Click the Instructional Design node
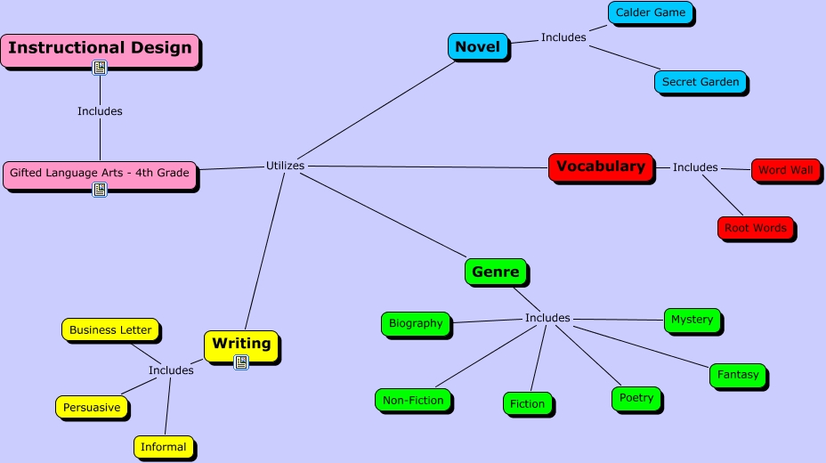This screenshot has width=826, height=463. pos(100,48)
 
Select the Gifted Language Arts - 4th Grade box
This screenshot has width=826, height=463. pos(100,173)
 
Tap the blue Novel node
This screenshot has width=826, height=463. pos(477,47)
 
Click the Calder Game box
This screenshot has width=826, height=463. pos(650,13)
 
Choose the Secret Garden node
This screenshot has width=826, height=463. pos(700,82)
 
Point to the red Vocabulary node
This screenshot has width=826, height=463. pos(600,167)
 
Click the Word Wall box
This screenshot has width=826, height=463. pos(785,170)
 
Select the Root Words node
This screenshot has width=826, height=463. pos(755,228)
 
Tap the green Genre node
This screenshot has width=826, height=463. pos(496,272)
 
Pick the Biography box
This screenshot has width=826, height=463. pos(416,323)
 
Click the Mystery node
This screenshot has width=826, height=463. pos(692,320)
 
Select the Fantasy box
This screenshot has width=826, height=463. pos(738,375)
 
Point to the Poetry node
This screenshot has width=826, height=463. pos(636,398)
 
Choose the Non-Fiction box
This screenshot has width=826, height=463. pos(413,401)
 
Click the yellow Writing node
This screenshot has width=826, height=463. pos(241,344)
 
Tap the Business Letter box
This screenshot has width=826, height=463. pos(110,329)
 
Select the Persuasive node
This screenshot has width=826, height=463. pos(92,408)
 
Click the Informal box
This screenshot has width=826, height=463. pos(164,447)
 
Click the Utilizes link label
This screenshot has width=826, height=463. pos(285,166)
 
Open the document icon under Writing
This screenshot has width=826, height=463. pos(241,361)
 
